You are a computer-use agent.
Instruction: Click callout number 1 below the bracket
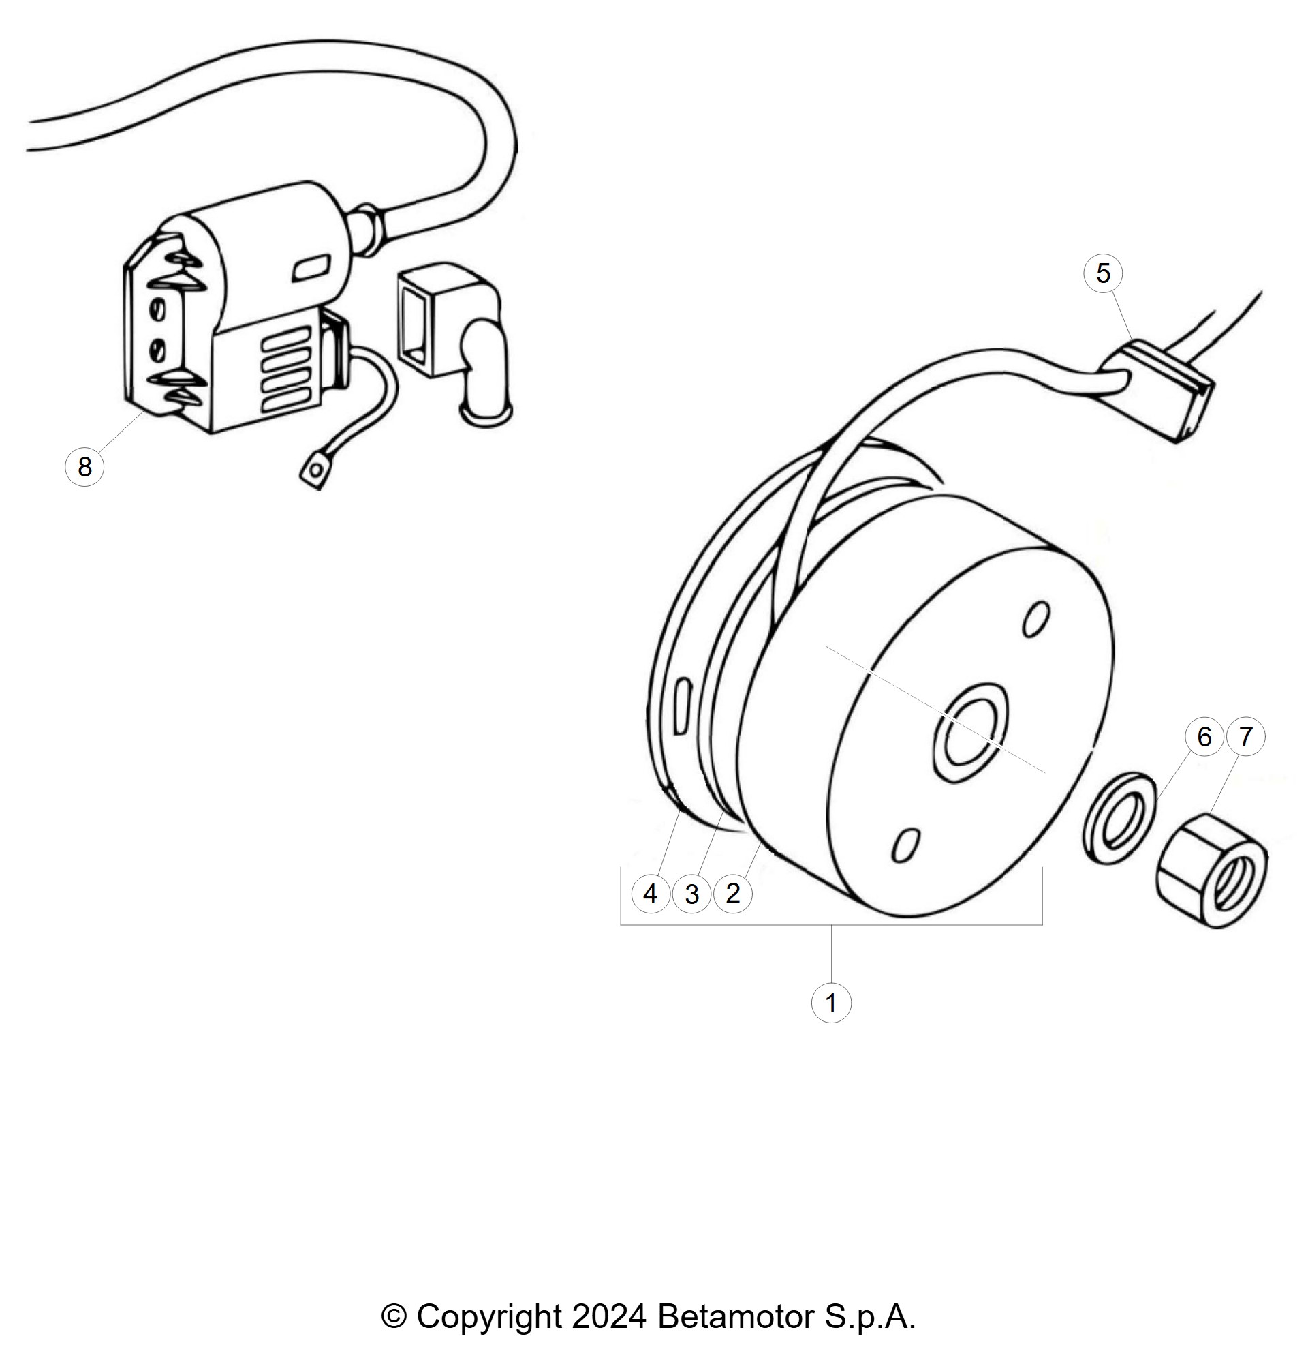(x=831, y=1003)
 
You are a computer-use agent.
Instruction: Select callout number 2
(x=733, y=894)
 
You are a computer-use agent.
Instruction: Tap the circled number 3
(x=692, y=894)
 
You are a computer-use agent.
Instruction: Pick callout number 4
(x=651, y=894)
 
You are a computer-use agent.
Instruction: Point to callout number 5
(x=1103, y=273)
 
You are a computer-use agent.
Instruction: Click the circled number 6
(x=1204, y=737)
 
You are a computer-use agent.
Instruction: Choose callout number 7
(x=1246, y=737)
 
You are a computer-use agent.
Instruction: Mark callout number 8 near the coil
(x=84, y=466)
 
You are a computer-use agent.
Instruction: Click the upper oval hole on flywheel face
(x=1036, y=618)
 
